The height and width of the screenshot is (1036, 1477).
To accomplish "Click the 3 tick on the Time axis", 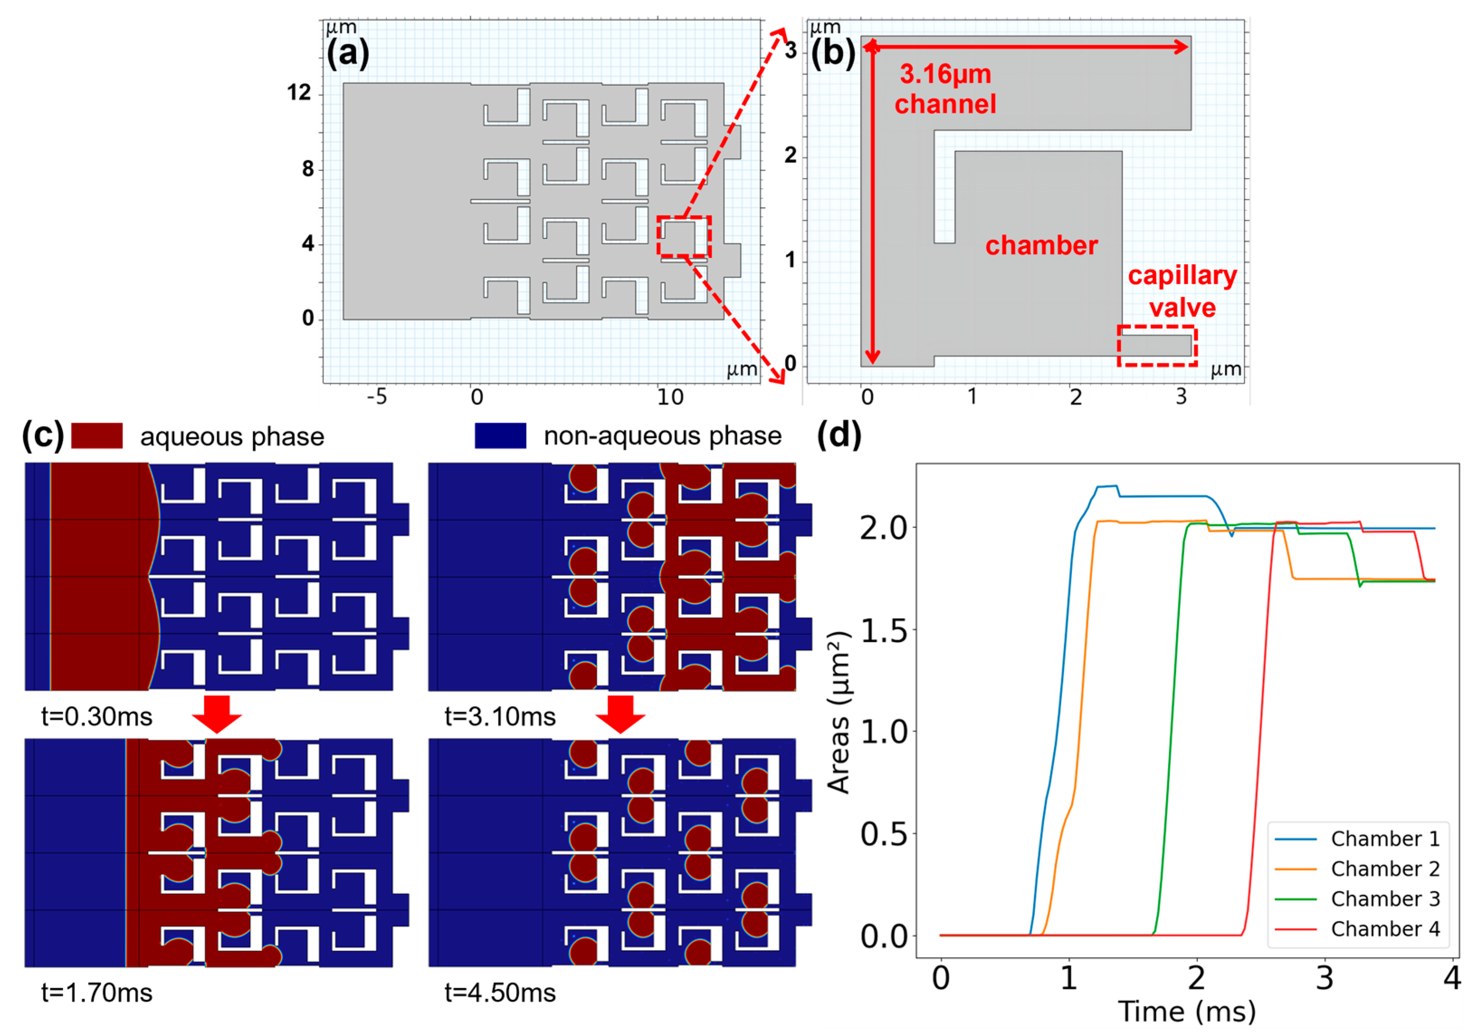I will [1324, 978].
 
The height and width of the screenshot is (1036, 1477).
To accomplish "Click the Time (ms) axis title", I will [1187, 1012].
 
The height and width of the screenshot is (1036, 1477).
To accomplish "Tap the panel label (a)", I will [347, 53].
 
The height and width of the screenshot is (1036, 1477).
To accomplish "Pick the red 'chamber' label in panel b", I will [1041, 246].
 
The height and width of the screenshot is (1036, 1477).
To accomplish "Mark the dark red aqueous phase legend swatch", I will [96, 436].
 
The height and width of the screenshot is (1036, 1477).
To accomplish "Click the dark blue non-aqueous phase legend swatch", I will [500, 436].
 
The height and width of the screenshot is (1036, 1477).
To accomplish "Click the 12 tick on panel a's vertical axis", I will [299, 93].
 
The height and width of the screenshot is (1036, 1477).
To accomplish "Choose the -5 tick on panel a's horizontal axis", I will [377, 398].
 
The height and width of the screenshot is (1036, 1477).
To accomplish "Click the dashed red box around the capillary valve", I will [1157, 346].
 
